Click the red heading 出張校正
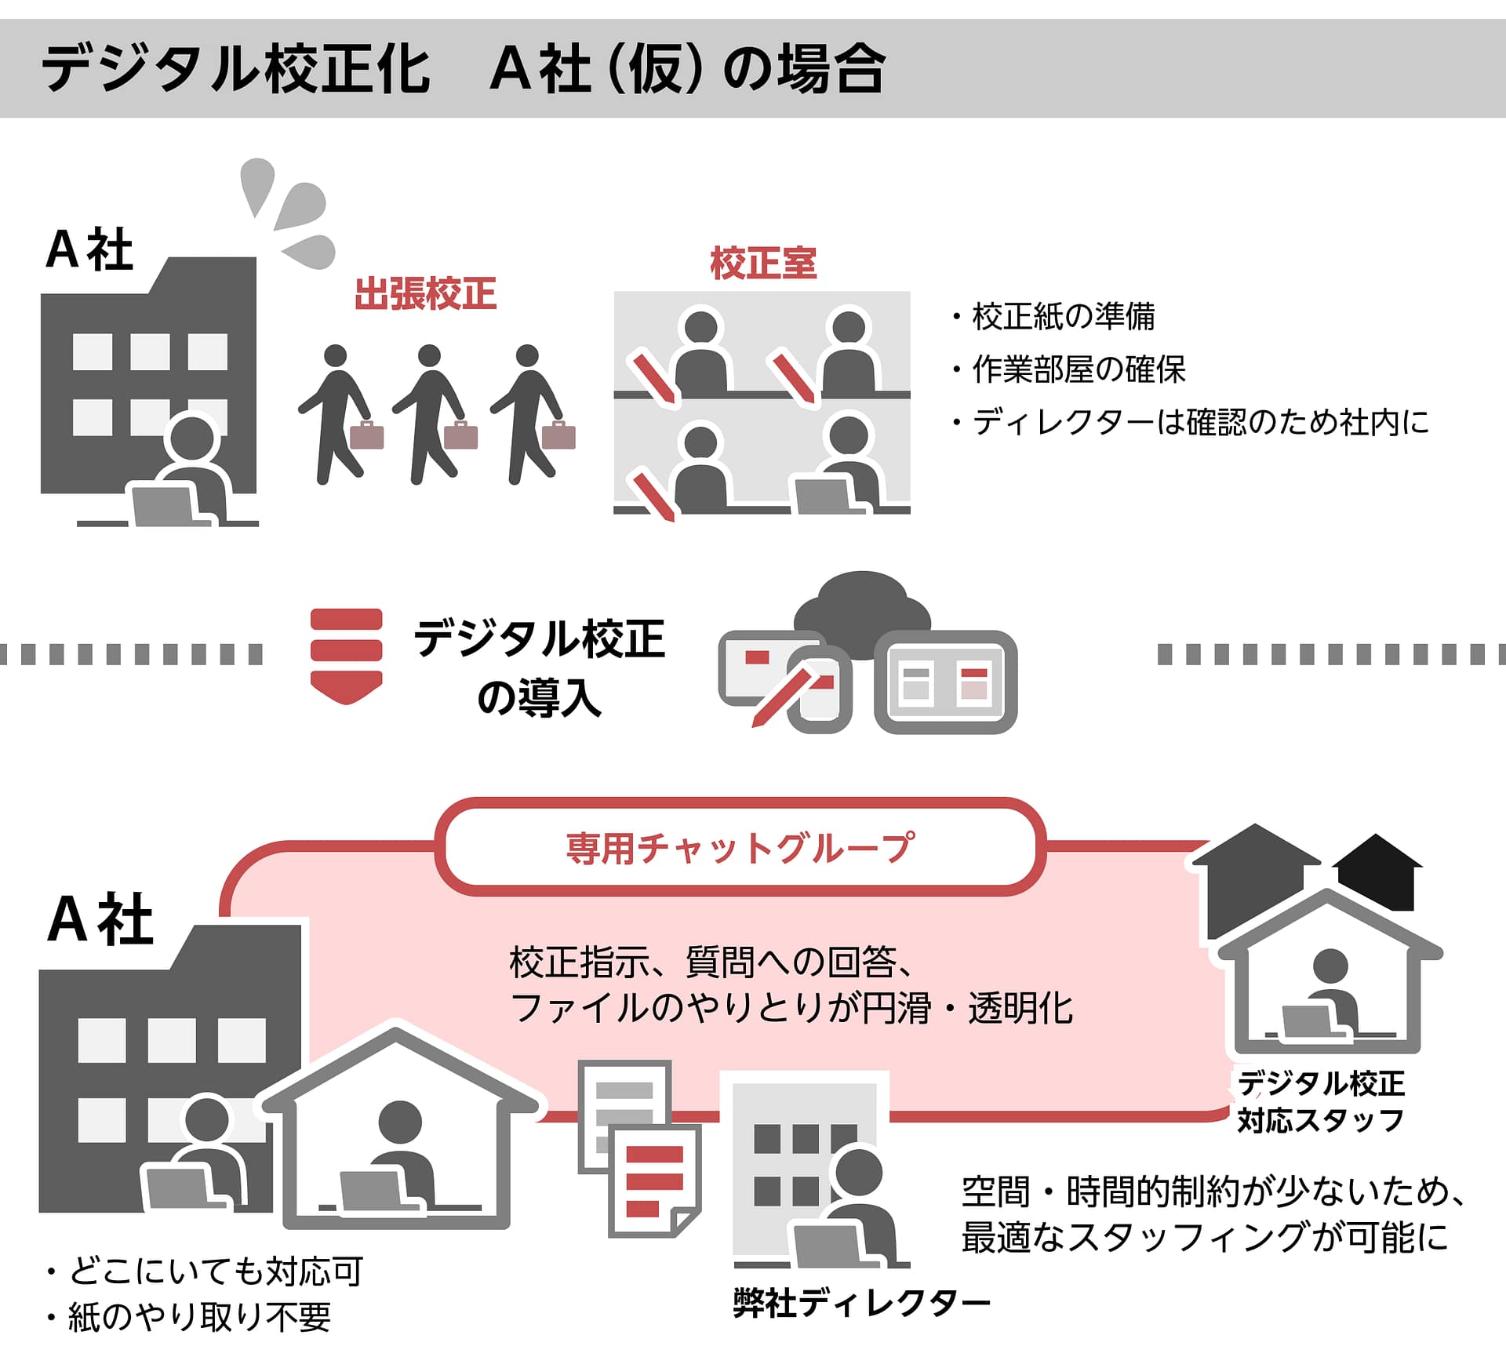coord(425,294)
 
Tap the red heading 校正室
coord(762,263)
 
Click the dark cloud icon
coord(863,612)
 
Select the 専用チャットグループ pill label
coord(740,848)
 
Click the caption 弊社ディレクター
coord(861,1303)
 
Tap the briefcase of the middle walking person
coord(460,435)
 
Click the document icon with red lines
coord(654,1180)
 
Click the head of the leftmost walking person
coord(335,355)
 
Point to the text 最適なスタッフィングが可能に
coord(1204,1237)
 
